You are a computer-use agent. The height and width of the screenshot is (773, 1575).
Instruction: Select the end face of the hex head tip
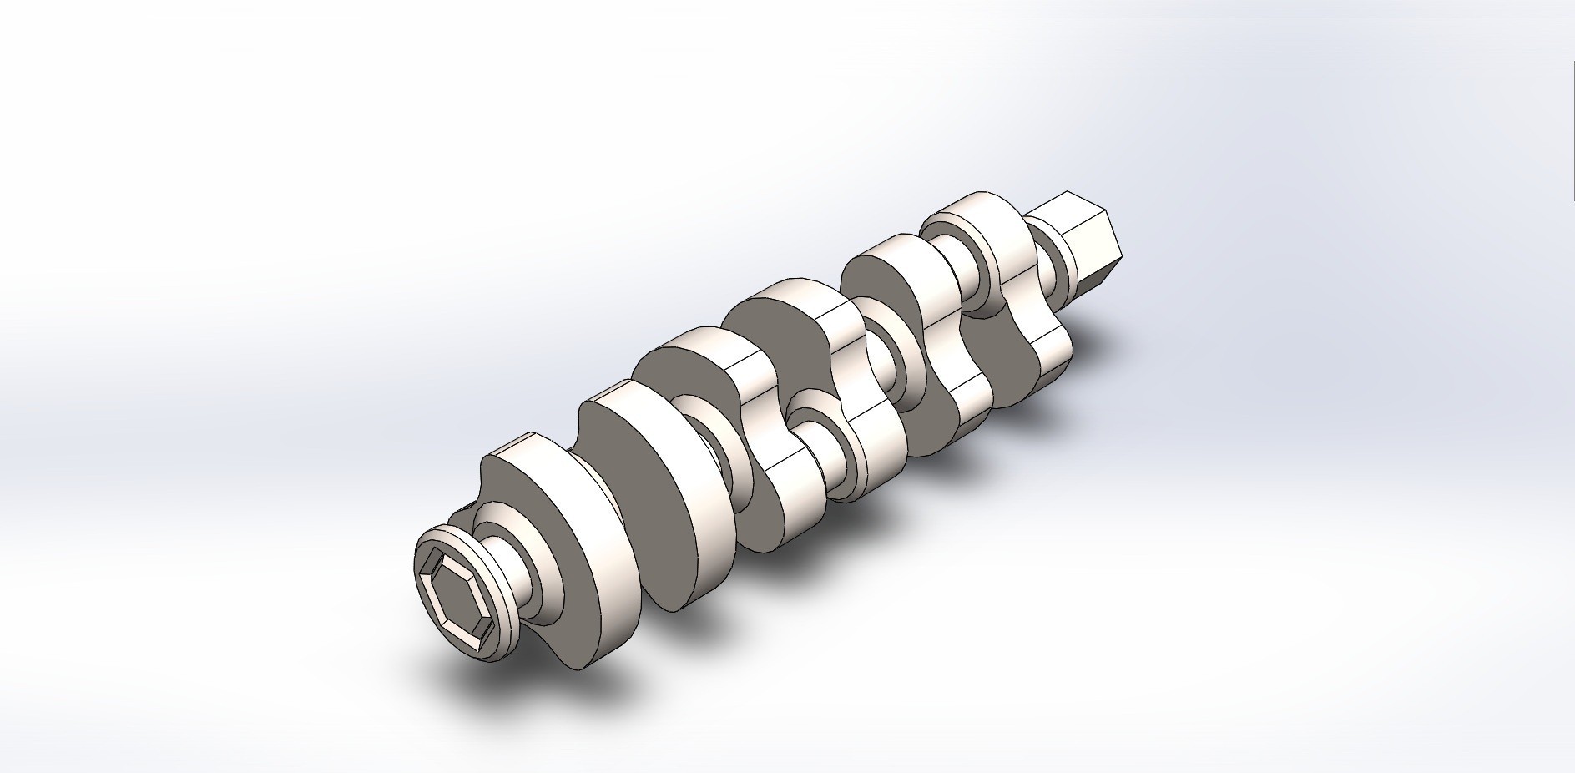pos(1114,250)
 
